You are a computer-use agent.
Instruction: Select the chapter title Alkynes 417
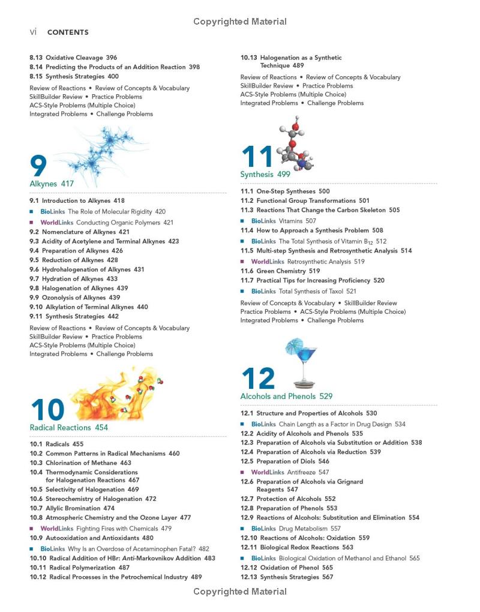(52, 184)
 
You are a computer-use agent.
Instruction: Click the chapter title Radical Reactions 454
(69, 428)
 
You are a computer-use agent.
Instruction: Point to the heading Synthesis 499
(265, 175)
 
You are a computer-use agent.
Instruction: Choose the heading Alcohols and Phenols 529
(286, 397)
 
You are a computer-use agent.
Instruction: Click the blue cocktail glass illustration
(304, 364)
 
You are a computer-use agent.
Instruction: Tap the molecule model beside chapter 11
(295, 144)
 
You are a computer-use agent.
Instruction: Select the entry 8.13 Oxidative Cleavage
(74, 58)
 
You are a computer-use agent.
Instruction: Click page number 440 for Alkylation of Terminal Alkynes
(142, 307)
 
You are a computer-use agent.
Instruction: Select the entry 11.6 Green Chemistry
(280, 271)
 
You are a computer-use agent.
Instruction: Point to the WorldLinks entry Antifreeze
(290, 472)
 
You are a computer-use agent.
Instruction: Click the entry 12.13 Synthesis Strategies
(286, 577)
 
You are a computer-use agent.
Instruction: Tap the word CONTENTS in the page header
(68, 32)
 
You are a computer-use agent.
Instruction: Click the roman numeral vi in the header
(34, 32)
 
